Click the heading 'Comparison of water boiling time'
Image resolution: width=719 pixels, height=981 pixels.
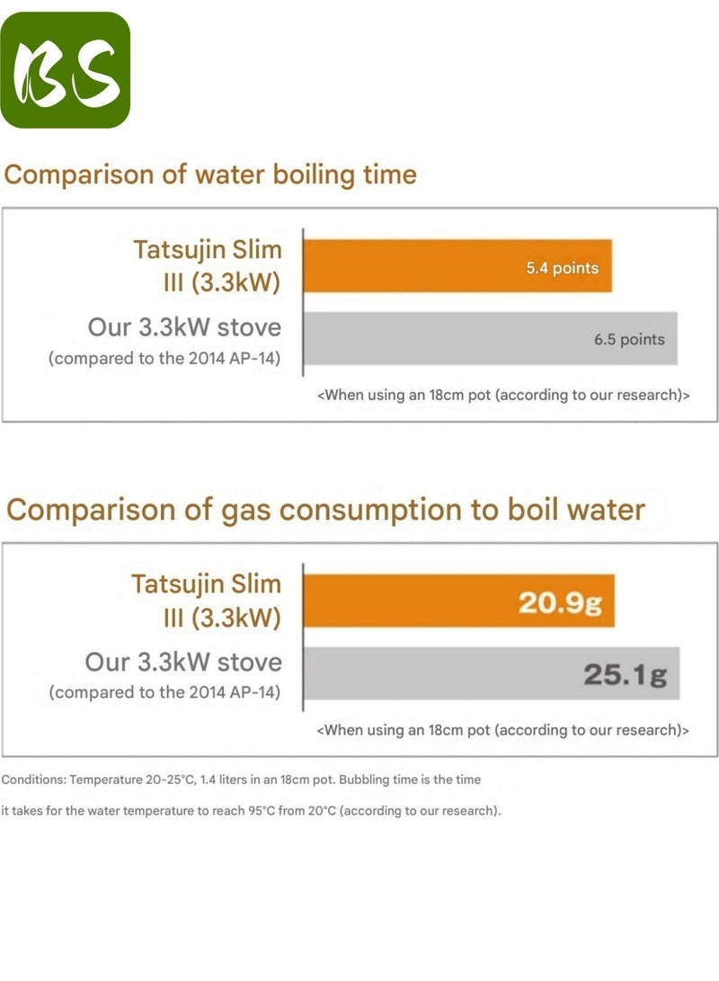pyautogui.click(x=210, y=174)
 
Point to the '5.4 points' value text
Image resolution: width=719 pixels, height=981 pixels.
pyautogui.click(x=562, y=268)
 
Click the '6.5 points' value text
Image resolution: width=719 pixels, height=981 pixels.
pyautogui.click(x=629, y=339)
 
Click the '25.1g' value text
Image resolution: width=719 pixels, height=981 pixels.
pyautogui.click(x=626, y=674)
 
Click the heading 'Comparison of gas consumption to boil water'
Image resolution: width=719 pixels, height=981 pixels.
pyautogui.click(x=325, y=510)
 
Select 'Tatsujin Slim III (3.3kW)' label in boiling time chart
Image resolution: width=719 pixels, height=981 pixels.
pyautogui.click(x=207, y=265)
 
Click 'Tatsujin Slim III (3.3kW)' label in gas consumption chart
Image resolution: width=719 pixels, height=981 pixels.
pyautogui.click(x=206, y=601)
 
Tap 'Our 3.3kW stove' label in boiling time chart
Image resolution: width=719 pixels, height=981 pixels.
pyautogui.click(x=184, y=326)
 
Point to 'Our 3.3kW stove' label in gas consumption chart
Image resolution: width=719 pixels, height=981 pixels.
pyautogui.click(x=183, y=663)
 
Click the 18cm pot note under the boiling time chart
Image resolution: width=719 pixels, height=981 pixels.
pyautogui.click(x=503, y=395)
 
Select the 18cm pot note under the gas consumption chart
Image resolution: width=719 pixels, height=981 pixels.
pyautogui.click(x=503, y=729)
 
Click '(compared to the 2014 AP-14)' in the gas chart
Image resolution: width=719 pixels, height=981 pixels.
pyautogui.click(x=165, y=692)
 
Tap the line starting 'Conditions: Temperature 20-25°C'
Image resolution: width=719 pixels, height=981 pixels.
pyautogui.click(x=241, y=779)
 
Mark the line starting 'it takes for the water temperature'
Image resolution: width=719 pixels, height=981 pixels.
pyautogui.click(x=251, y=810)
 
